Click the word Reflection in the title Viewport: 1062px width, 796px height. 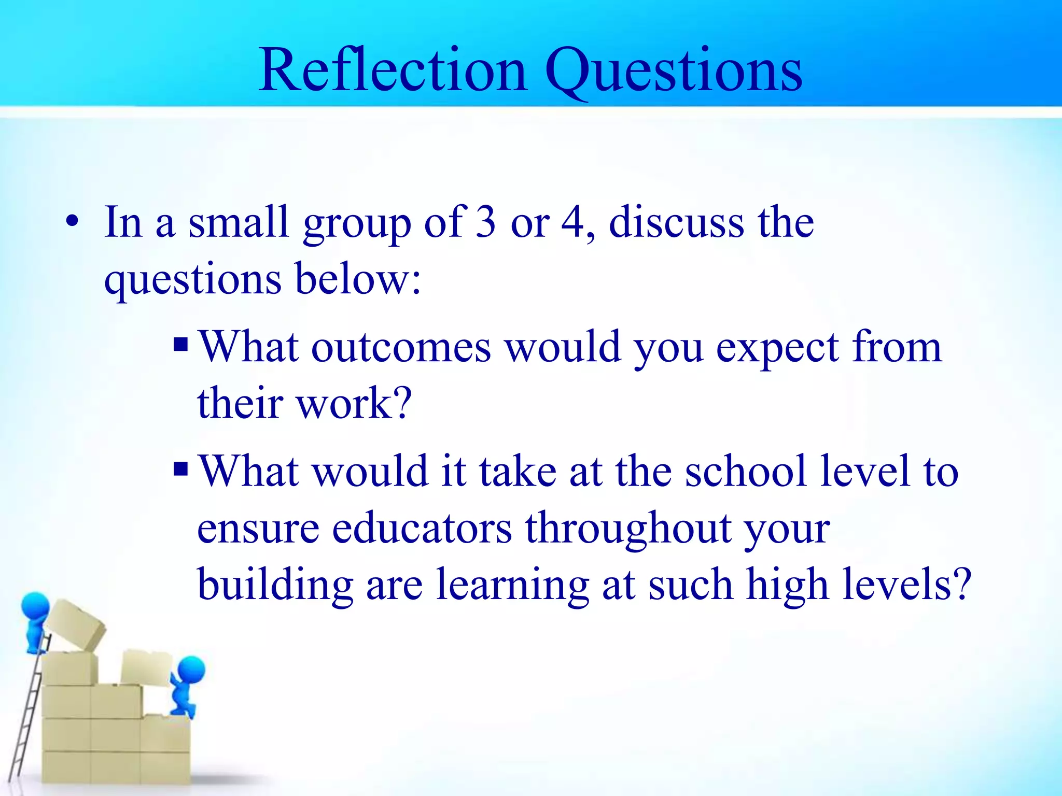393,70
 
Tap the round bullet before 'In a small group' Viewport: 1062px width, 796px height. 73,223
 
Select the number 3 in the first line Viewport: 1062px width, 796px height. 486,222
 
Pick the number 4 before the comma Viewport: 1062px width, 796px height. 574,222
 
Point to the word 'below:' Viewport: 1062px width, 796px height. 358,279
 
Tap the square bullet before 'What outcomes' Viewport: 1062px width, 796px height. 180,344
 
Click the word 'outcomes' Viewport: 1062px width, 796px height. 401,347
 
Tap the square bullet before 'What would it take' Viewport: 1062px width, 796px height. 180,469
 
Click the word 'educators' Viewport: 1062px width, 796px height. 422,529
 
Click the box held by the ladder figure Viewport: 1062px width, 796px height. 76,625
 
